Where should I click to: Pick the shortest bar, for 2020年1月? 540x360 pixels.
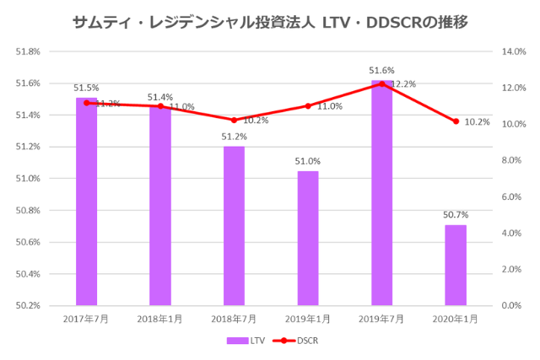click(x=456, y=265)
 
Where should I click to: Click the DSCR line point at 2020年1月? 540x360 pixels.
click(x=456, y=121)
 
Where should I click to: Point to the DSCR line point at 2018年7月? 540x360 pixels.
click(x=234, y=120)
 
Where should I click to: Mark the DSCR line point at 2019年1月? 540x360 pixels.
click(x=308, y=106)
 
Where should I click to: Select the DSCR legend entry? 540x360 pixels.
click(x=295, y=341)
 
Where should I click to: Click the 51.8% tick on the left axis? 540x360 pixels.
click(x=28, y=51)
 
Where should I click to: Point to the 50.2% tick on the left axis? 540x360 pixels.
click(x=28, y=305)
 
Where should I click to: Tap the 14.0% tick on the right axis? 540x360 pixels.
click(x=513, y=51)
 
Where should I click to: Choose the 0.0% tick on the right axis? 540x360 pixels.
click(x=513, y=305)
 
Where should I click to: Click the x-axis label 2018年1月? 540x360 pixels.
click(x=160, y=318)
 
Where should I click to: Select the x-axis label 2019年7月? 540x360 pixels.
click(x=382, y=318)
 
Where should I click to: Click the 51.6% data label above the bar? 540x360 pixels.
click(x=381, y=71)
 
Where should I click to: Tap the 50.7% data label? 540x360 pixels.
click(x=456, y=215)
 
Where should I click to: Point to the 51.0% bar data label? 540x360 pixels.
click(x=308, y=161)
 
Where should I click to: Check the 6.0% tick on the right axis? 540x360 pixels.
click(x=513, y=196)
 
